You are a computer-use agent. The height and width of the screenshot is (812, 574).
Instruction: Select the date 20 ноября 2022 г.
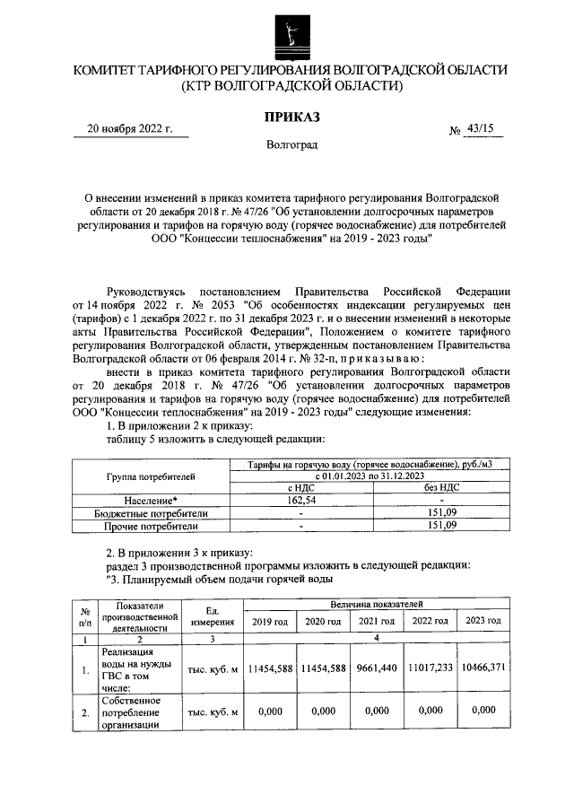coord(129,127)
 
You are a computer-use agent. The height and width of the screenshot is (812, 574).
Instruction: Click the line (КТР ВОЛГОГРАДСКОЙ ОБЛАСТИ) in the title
coord(290,86)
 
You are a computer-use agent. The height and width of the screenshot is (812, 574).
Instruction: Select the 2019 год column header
coord(270,622)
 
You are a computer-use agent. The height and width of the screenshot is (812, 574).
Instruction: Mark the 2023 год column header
coord(481,622)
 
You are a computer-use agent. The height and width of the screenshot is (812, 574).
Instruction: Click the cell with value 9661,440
coord(376,668)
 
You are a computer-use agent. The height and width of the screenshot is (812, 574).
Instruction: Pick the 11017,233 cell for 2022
coord(429,668)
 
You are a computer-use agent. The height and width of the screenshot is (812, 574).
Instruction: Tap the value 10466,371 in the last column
coord(482,668)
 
